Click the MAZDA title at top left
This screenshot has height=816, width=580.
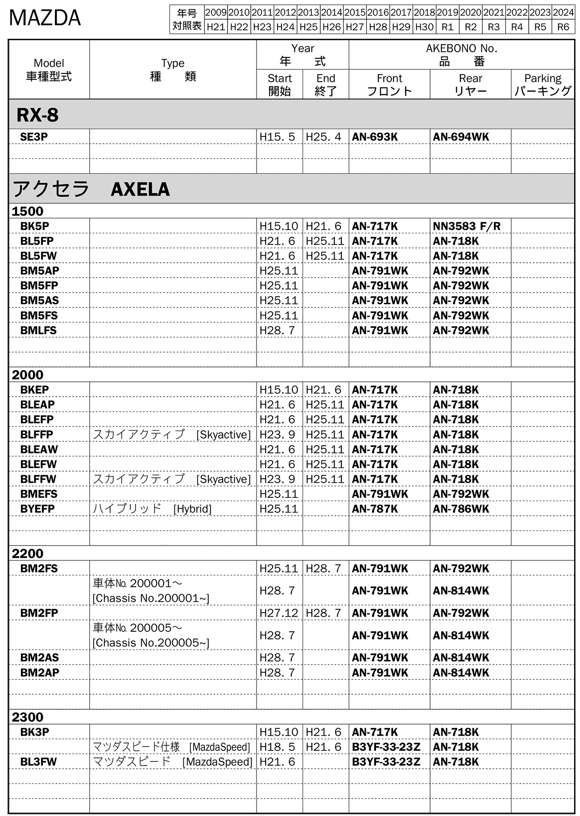coord(45,18)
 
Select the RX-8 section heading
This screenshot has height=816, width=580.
coord(37,115)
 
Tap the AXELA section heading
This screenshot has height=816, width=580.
coord(140,189)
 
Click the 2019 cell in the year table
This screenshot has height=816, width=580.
coord(447,12)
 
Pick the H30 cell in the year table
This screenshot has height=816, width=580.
coord(424,27)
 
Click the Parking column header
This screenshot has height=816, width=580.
coord(543,84)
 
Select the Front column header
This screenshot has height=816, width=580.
coord(389,84)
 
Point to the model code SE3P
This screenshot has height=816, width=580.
coord(34,137)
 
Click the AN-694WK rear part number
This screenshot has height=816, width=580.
coord(461,137)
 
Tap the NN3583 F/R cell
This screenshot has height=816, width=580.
coord(467,226)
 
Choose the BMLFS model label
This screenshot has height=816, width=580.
coord(38,331)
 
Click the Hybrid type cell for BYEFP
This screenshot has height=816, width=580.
coord(152,509)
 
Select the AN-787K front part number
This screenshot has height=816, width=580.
coord(375,509)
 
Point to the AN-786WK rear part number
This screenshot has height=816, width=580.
coord(461,509)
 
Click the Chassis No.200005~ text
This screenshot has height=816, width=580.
coord(151,643)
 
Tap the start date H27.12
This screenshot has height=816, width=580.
coord(279,613)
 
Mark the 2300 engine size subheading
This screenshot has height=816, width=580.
coord(28,717)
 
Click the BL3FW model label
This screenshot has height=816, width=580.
coord(38,762)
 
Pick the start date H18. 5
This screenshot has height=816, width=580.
coord(277,747)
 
